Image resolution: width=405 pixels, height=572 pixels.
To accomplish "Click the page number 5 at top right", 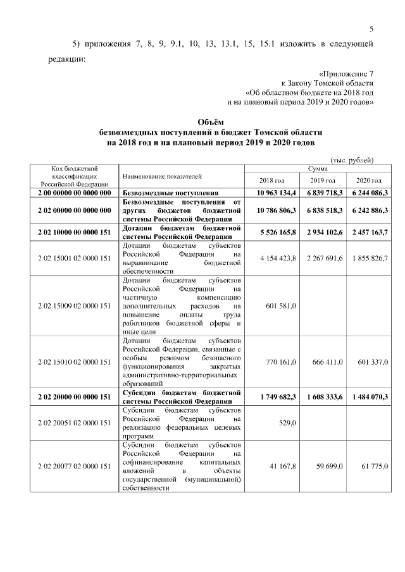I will click(x=371, y=28).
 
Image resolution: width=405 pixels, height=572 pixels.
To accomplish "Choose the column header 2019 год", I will click(x=322, y=180).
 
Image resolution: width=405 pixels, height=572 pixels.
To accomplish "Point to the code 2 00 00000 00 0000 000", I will click(x=74, y=192).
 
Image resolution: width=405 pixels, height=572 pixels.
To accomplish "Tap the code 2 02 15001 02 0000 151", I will click(x=74, y=259).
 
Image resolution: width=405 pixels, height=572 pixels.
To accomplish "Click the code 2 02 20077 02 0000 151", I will click(x=74, y=466).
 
